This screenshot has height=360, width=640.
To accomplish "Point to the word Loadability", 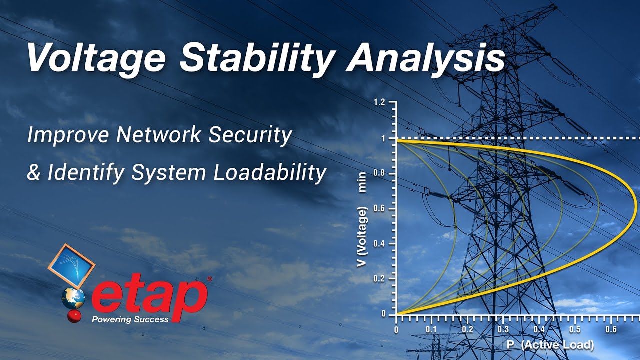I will (270, 173).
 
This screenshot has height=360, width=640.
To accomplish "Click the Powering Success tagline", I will (130, 319).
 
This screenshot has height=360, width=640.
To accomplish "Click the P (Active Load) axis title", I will (550, 345).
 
